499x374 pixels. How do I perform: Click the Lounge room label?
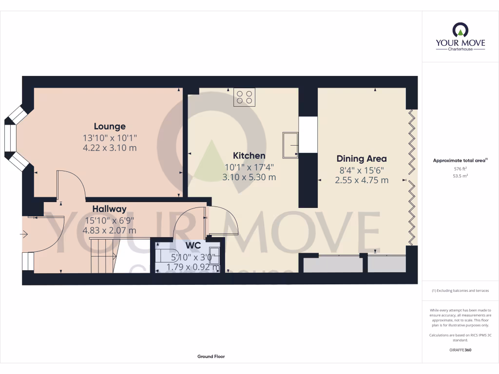pyautogui.click(x=110, y=127)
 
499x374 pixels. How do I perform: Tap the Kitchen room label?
pyautogui.click(x=249, y=156)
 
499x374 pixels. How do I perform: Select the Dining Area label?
pyautogui.click(x=362, y=159)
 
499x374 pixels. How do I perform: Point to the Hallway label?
pyautogui.click(x=110, y=209)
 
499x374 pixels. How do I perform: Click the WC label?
pyautogui.click(x=193, y=245)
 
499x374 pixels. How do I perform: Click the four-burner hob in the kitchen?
pyautogui.click(x=245, y=97)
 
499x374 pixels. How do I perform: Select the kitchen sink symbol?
pyautogui.click(x=290, y=145)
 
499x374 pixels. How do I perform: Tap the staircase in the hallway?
pyautogui.click(x=103, y=256)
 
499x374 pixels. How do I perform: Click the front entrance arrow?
pyautogui.click(x=24, y=235)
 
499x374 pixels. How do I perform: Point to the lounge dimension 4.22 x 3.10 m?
pyautogui.click(x=110, y=148)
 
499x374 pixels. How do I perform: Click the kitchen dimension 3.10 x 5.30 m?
pyautogui.click(x=249, y=177)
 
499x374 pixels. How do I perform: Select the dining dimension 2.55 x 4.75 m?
pyautogui.click(x=362, y=180)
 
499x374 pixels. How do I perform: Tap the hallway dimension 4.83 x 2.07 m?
pyautogui.click(x=110, y=230)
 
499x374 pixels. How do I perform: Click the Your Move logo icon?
pyautogui.click(x=460, y=30)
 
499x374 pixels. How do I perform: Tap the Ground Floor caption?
pyautogui.click(x=211, y=356)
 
